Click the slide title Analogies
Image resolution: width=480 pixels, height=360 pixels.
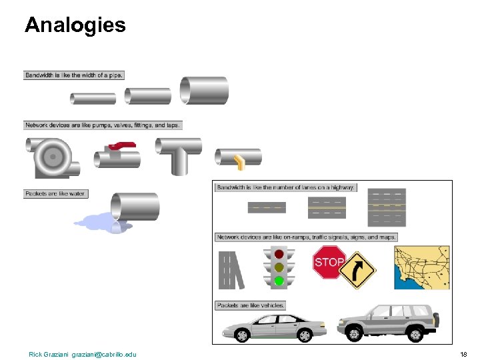(75, 25)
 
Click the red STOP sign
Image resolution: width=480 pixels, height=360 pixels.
(329, 262)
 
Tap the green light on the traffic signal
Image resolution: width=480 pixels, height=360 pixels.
(279, 281)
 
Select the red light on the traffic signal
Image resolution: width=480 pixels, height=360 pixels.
(279, 253)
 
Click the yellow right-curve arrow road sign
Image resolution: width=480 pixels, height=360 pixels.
(359, 270)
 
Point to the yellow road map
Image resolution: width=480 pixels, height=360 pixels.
(421, 267)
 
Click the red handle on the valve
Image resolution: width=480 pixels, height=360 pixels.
(121, 145)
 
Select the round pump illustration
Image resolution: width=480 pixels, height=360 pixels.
(51, 156)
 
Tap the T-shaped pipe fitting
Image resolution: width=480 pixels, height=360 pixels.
(178, 154)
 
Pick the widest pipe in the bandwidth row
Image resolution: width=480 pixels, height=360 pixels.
(204, 91)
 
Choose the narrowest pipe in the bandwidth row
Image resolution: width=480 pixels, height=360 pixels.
(93, 99)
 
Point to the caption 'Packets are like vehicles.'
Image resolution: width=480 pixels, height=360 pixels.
(251, 305)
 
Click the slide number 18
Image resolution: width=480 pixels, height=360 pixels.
(464, 354)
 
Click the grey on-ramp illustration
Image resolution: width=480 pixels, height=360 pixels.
(230, 269)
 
